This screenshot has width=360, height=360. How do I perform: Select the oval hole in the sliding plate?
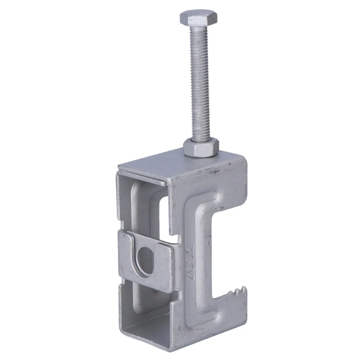[144, 261]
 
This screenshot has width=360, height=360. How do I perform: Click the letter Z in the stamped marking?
[190, 274]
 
